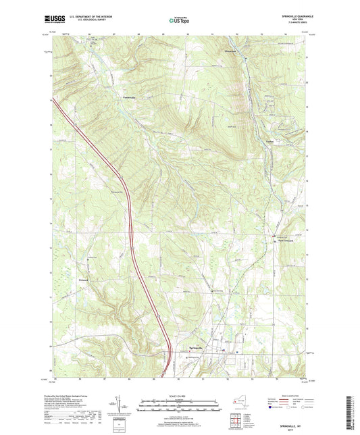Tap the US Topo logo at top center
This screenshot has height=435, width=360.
tap(174, 20)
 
